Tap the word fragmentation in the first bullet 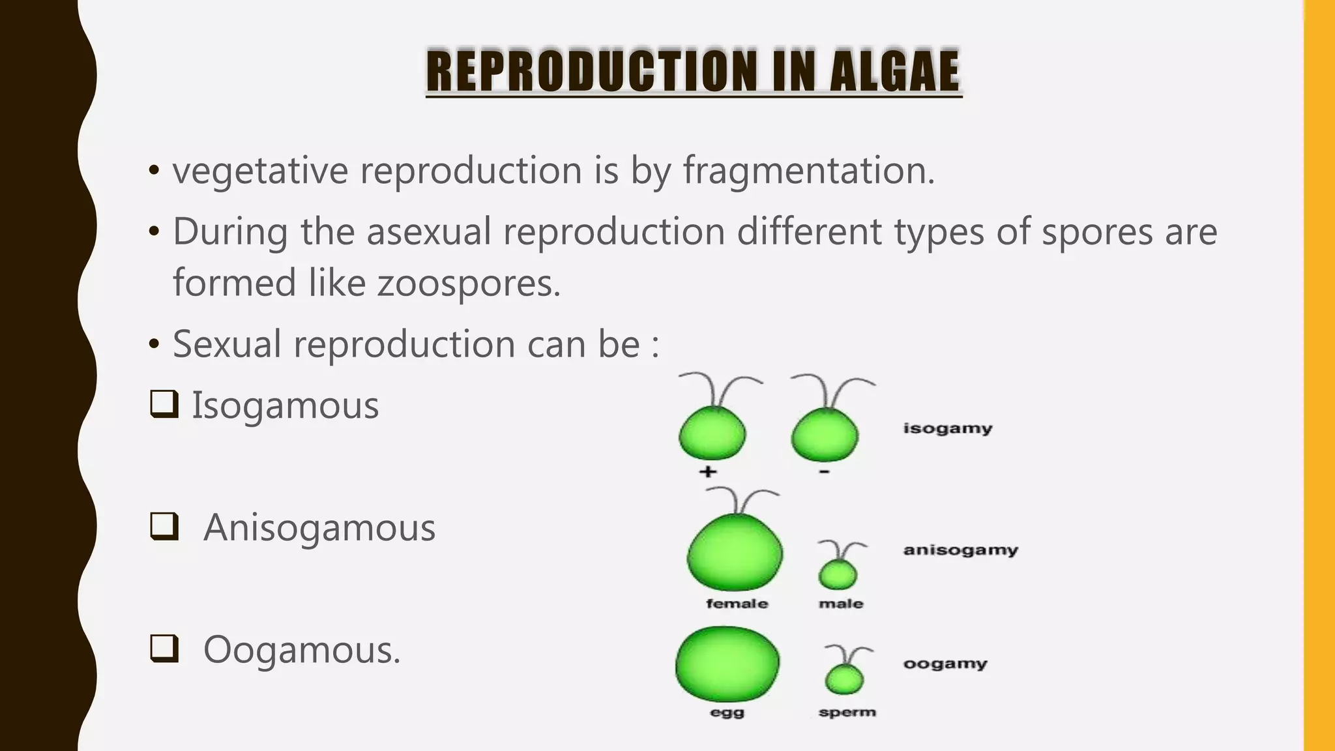tap(808, 171)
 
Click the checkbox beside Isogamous tap(164, 404)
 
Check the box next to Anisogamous tap(164, 526)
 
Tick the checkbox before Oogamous tap(164, 649)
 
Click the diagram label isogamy tap(947, 428)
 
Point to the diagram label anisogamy tap(960, 550)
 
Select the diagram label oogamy tap(945, 664)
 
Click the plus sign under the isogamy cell tap(708, 471)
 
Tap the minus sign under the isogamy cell tap(825, 471)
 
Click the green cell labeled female tap(735, 553)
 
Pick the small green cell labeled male tap(838, 575)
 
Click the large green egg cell tap(727, 665)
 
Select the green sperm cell tap(844, 680)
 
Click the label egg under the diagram tap(727, 713)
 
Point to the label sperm tap(847, 712)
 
